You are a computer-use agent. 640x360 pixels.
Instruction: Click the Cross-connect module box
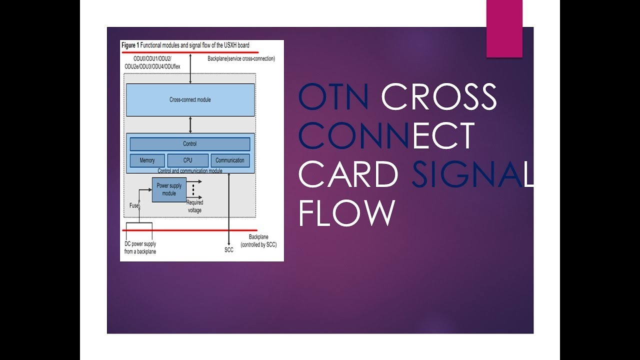(190, 99)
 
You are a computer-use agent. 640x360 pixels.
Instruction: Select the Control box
(190, 144)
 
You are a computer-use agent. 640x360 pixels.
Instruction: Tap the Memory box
(146, 160)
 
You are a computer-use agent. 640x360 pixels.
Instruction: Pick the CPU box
(187, 160)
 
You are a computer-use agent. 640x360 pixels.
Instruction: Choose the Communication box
(230, 160)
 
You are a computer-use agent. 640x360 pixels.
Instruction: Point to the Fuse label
(134, 205)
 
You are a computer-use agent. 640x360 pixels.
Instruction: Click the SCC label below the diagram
(229, 250)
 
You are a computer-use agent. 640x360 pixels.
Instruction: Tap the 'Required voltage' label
(194, 206)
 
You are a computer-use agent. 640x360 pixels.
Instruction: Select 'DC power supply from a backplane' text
(140, 248)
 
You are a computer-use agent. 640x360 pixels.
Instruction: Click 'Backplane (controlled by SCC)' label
(258, 241)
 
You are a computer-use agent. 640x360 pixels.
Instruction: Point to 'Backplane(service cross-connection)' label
(241, 59)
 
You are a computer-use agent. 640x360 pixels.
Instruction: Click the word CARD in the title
(348, 174)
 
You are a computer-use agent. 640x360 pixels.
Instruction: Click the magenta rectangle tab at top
(504, 28)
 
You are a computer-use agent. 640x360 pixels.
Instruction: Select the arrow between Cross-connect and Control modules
(190, 124)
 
